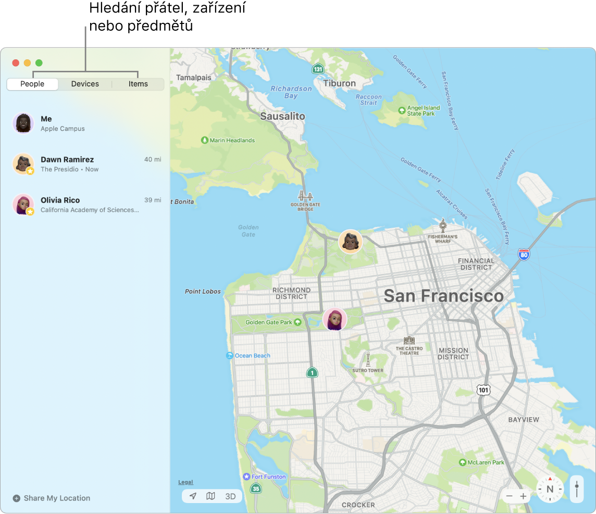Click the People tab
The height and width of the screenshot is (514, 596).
[x=32, y=84]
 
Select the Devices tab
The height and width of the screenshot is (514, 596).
[x=85, y=84]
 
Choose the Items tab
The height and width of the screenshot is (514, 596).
[x=138, y=84]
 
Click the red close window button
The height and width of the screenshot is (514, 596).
[x=16, y=63]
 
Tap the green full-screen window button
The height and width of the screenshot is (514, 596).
[x=39, y=63]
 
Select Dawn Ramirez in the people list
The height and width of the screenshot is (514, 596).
[x=67, y=159]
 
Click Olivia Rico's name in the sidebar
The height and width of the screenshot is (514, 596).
[x=60, y=200]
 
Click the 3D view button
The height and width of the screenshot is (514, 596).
[x=230, y=496]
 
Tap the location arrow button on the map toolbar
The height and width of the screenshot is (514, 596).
[x=193, y=496]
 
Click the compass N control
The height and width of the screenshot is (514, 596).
[x=550, y=490]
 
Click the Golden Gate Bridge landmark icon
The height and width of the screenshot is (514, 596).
[x=305, y=196]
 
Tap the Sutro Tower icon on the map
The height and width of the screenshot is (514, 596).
[x=368, y=359]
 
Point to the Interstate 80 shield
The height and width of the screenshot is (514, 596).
[x=524, y=254]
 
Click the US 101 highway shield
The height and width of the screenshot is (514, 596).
[x=483, y=390]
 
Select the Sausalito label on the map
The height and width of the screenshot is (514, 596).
[x=282, y=116]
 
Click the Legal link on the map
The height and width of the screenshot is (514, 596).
[x=185, y=482]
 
